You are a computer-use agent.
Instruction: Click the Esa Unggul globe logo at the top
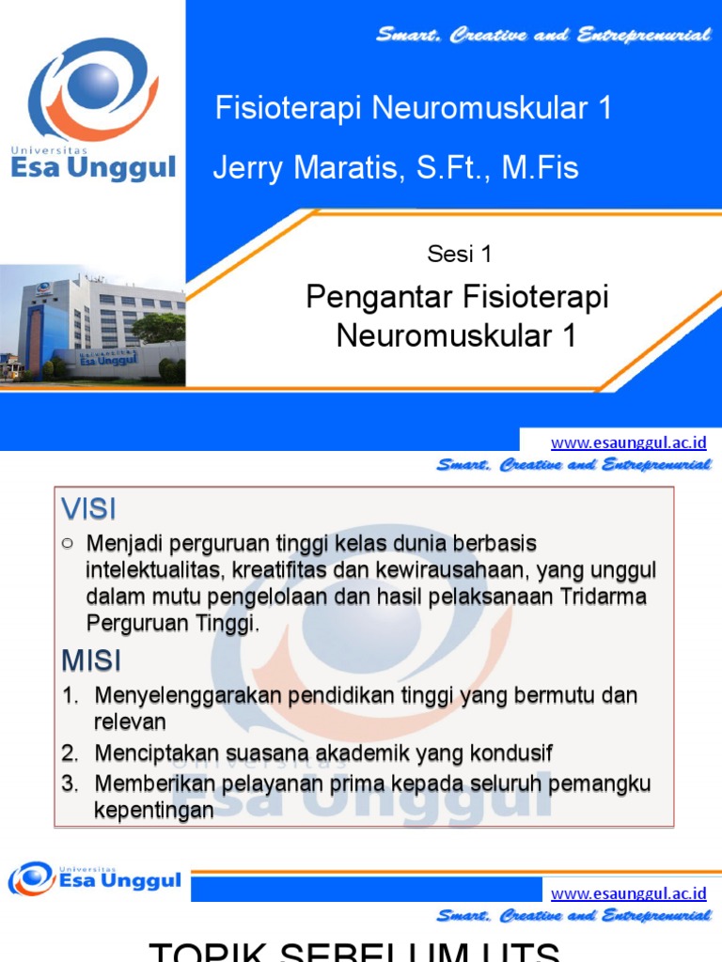88,89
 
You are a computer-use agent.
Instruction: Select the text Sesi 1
459,254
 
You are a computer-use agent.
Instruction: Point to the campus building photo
92,324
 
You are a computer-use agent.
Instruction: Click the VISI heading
88,509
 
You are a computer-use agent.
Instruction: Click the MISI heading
91,660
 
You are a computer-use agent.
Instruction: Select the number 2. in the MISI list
70,753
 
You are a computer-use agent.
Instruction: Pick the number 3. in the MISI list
70,784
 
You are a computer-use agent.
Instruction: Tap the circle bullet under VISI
67,543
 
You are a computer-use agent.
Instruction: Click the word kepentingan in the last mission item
153,810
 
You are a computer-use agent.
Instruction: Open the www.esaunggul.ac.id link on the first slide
628,442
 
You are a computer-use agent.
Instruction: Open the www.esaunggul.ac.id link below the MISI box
628,893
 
